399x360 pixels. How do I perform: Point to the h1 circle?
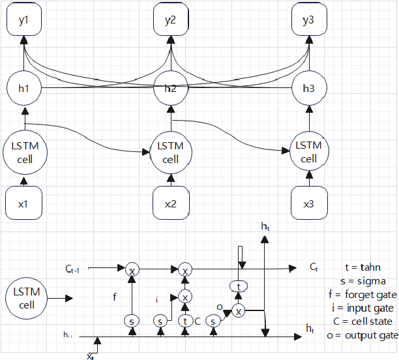tap(24, 88)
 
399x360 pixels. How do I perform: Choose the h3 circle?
tap(308, 88)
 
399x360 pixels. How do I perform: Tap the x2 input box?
tap(171, 203)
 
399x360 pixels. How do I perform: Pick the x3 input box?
tap(308, 203)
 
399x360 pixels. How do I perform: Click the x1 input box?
tap(24, 203)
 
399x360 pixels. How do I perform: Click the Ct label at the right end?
tap(313, 267)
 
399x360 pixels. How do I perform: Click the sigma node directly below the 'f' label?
tap(132, 321)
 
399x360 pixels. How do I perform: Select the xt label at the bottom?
tap(90, 356)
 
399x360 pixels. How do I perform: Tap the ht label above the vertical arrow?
tap(264, 226)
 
